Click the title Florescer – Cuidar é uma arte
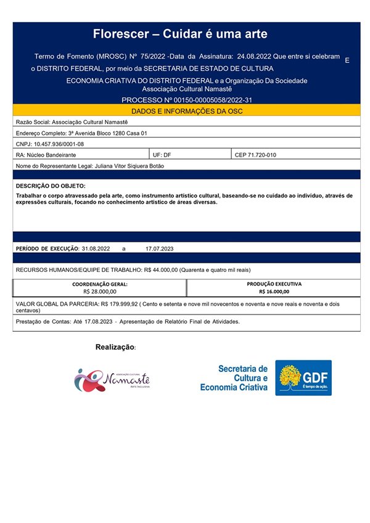coord(180,34)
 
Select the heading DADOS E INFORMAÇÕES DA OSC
coord(186,110)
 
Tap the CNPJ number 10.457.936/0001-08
coord(59,144)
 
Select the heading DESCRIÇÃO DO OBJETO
coord(51,186)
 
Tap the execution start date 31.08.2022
coord(96,248)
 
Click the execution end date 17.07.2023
coord(160,248)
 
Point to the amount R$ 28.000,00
coord(99,291)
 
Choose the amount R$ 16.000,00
coord(274,291)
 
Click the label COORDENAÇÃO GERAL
coord(100,284)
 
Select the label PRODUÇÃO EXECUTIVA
coord(274,284)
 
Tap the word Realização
coord(115,348)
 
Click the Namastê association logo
coord(112,379)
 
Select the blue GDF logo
coord(303,377)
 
